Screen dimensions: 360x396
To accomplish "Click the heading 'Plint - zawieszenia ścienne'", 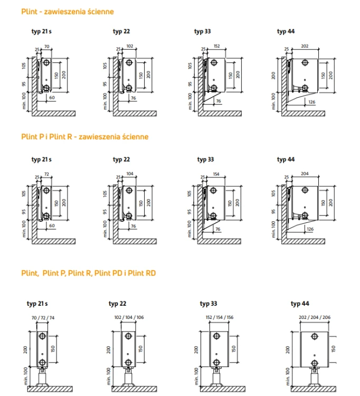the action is (x=68, y=12).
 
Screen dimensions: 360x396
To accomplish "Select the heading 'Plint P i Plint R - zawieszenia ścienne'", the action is (x=85, y=137).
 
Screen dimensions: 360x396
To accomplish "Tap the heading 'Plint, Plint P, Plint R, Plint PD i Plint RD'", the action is (x=88, y=273).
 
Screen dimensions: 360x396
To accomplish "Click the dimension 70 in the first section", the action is (x=46, y=46).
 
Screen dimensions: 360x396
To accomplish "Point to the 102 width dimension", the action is (x=130, y=46).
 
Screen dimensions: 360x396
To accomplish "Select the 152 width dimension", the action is (x=216, y=46).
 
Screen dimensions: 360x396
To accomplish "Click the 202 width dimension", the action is (x=305, y=46).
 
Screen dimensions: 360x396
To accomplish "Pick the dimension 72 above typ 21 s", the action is (x=46, y=174).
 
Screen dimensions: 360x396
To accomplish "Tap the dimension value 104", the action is (x=130, y=174).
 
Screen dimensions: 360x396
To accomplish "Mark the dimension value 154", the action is (x=216, y=174).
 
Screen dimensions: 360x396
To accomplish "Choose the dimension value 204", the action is (x=305, y=174).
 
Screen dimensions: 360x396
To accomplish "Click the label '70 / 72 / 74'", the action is (x=43, y=318).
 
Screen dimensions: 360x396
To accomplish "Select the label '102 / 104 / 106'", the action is (x=129, y=317).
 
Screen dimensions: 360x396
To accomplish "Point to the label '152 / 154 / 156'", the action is (x=220, y=317).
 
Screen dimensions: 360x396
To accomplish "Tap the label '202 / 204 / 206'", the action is (x=315, y=317).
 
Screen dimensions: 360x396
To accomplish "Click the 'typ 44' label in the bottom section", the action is (x=300, y=304).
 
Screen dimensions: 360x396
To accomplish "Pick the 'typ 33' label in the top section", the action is (x=203, y=31).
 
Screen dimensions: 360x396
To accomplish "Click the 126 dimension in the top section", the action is (x=312, y=102).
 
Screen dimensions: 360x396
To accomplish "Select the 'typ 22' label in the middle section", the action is (x=121, y=159).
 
